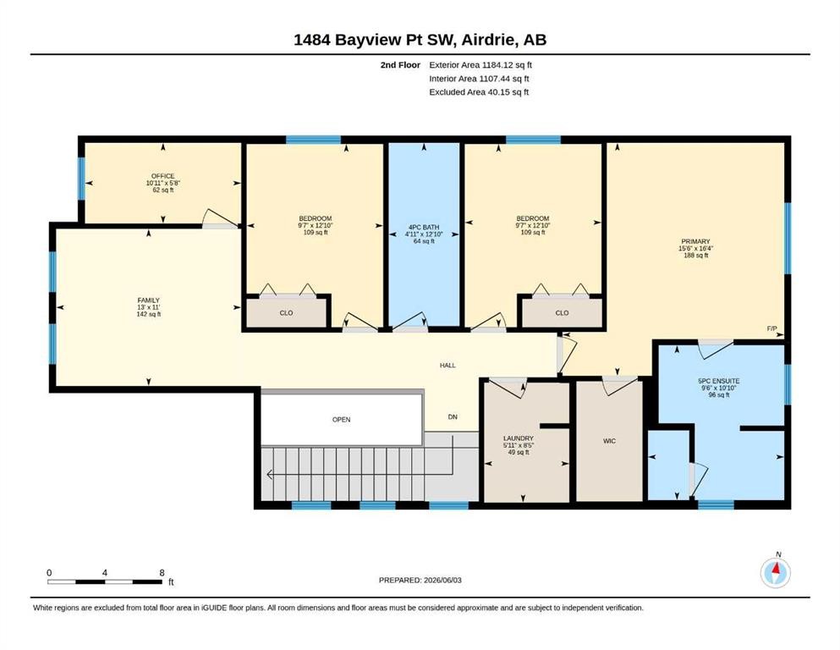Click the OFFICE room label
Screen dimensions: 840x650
(163, 176)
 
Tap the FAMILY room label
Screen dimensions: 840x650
(148, 300)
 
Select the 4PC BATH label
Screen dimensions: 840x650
(424, 227)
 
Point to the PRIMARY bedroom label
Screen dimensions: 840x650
(696, 242)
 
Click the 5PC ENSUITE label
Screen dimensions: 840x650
(719, 381)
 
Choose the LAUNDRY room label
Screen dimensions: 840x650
(519, 438)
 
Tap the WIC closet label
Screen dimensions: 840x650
(610, 441)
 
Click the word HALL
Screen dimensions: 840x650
(447, 366)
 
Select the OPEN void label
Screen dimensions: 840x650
(341, 420)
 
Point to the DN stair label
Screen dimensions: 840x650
(453, 417)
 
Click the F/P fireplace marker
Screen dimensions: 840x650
(772, 328)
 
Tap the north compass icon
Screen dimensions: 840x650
(776, 572)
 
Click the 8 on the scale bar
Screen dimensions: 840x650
(162, 573)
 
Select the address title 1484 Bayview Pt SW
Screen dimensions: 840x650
(375, 40)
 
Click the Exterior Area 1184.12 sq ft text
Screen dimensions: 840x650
(480, 65)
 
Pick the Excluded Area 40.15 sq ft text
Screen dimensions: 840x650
(479, 92)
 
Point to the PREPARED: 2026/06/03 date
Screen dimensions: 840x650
(420, 580)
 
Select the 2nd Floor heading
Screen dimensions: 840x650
(400, 65)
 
